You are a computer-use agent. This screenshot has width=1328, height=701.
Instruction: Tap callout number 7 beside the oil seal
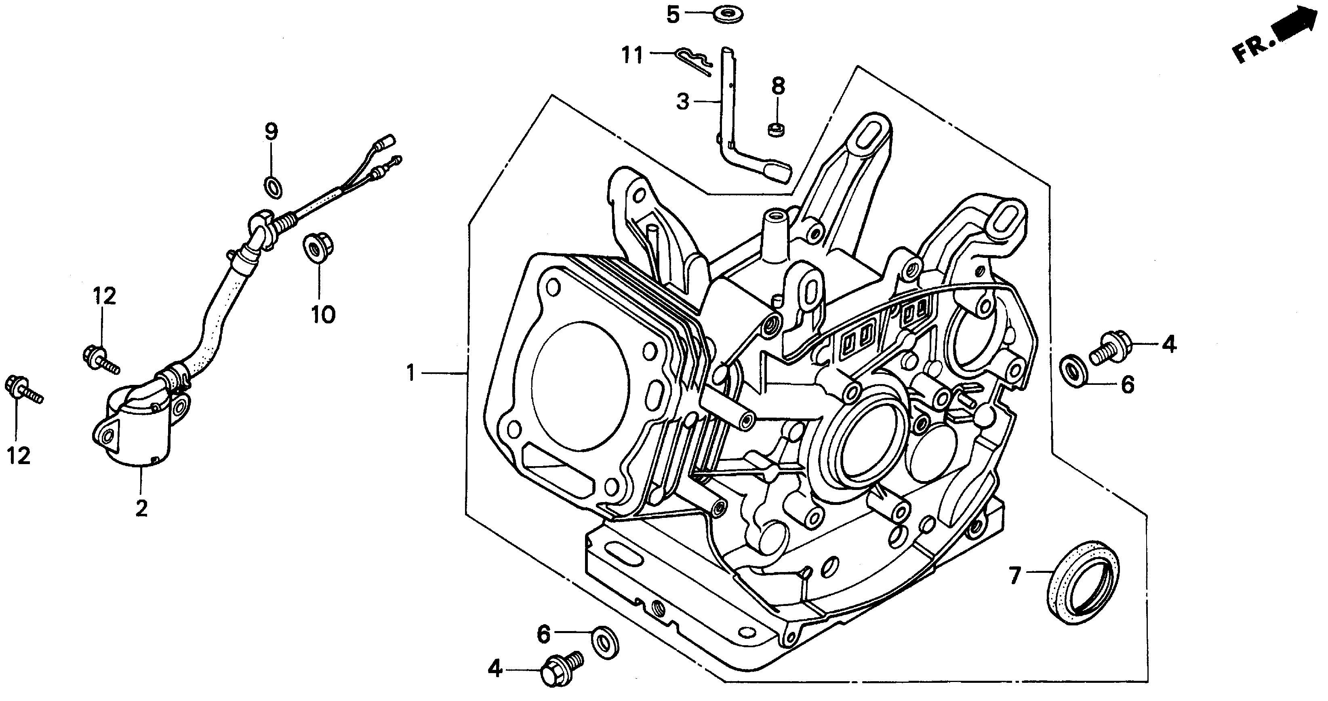(x=1014, y=576)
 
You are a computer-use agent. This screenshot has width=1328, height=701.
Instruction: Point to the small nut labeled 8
(x=775, y=129)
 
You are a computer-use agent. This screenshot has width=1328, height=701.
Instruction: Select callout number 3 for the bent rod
(x=682, y=101)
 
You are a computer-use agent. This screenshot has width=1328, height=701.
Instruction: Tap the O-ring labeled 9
(x=273, y=186)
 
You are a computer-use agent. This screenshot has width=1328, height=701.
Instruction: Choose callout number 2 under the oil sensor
(x=141, y=508)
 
